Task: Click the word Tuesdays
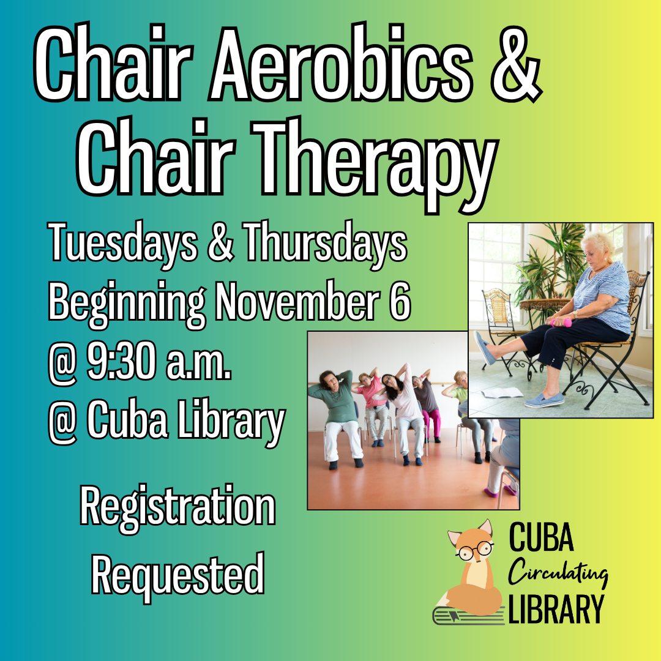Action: point(123,243)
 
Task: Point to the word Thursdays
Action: point(325,243)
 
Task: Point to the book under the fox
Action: point(469,614)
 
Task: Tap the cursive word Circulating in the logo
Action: point(558,573)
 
